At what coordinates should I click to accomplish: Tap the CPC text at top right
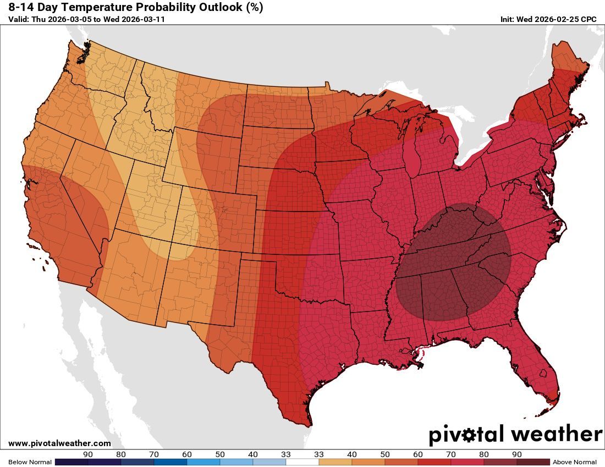[x=588, y=19]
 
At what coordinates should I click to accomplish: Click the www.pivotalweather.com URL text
[x=59, y=443]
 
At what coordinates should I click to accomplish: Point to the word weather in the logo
[x=557, y=435]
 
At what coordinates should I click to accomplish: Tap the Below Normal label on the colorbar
[x=30, y=462]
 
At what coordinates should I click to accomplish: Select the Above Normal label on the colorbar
[x=575, y=462]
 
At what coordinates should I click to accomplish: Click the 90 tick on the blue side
[x=87, y=454]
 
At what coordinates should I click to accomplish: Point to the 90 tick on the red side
[x=516, y=454]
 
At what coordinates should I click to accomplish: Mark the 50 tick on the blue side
[x=220, y=454]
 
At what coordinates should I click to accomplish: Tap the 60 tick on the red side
[x=418, y=454]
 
